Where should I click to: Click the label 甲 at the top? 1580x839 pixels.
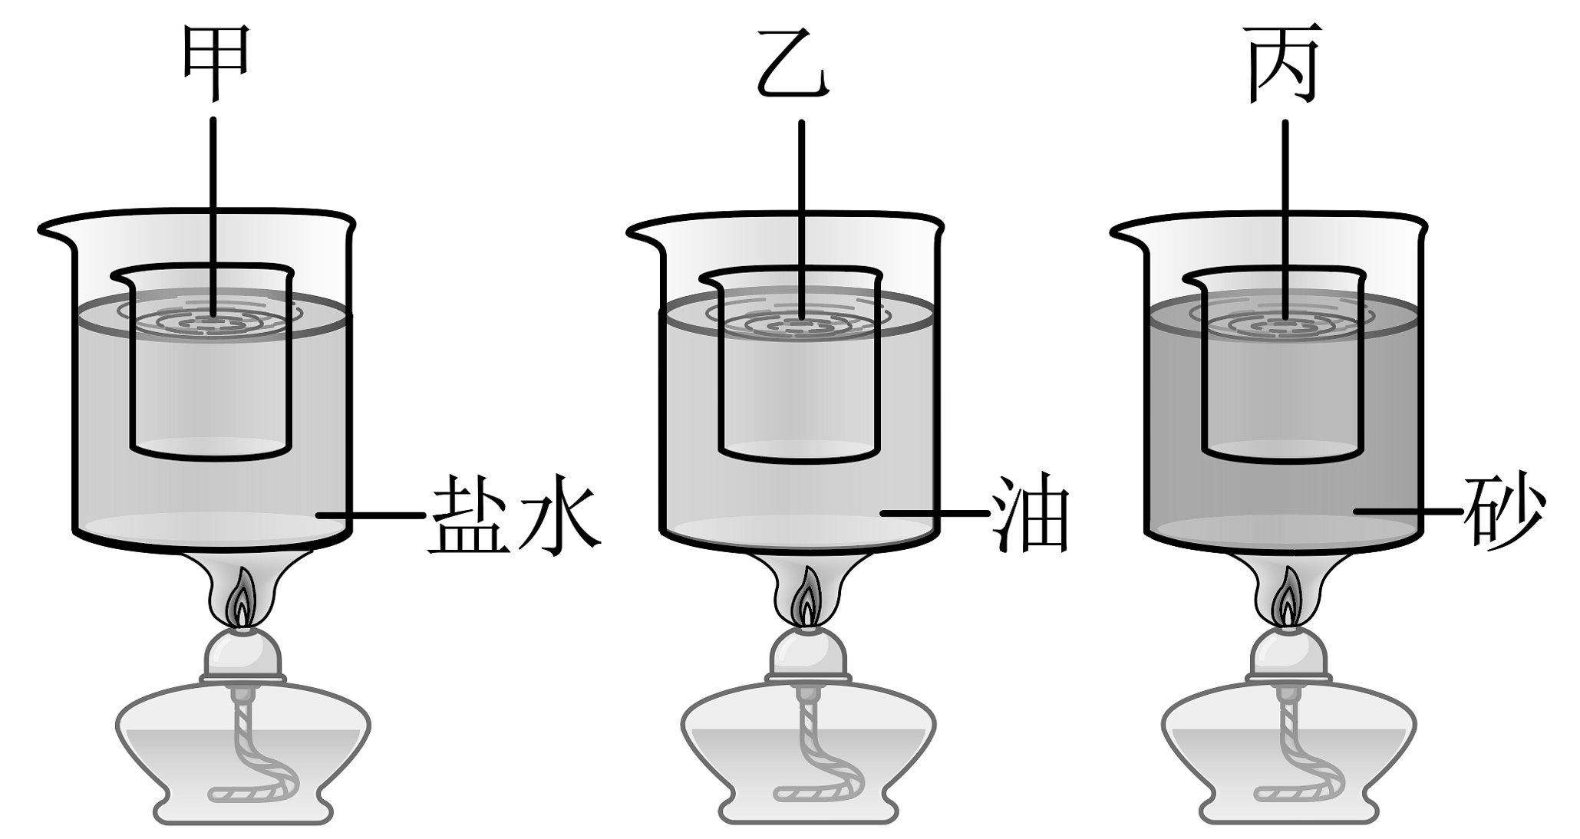point(216,61)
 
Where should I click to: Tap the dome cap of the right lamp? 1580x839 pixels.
point(1289,653)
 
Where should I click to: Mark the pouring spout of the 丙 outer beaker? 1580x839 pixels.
point(1124,231)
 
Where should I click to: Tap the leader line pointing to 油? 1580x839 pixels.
point(934,512)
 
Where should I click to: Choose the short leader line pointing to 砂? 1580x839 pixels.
point(1408,510)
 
